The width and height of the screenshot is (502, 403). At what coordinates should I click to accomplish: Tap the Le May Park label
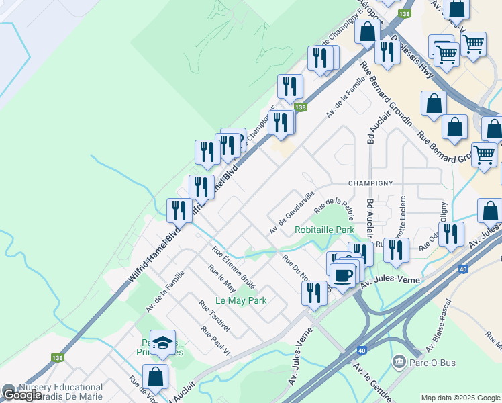241,300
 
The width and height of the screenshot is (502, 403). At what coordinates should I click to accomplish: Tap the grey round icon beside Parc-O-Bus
400,363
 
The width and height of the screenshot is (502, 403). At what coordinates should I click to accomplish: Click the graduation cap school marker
162,343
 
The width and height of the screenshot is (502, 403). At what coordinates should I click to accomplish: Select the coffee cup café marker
343,275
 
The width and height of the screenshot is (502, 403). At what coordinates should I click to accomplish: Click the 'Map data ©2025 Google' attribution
460,398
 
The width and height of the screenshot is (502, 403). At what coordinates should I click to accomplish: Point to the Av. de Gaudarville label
292,213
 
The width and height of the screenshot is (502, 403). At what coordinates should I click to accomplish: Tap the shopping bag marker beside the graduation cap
156,377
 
